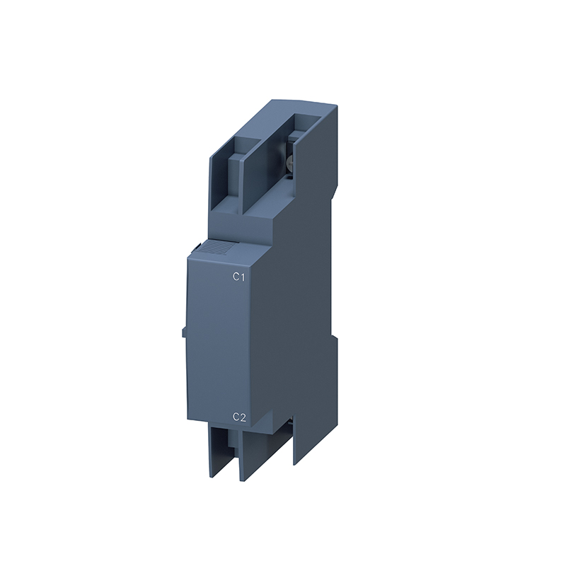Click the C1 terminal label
239,277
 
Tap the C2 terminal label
239,417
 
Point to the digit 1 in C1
243,277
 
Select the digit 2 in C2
243,417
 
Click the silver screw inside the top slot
289,164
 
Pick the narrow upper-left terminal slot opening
226,173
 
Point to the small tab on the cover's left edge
185,331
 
